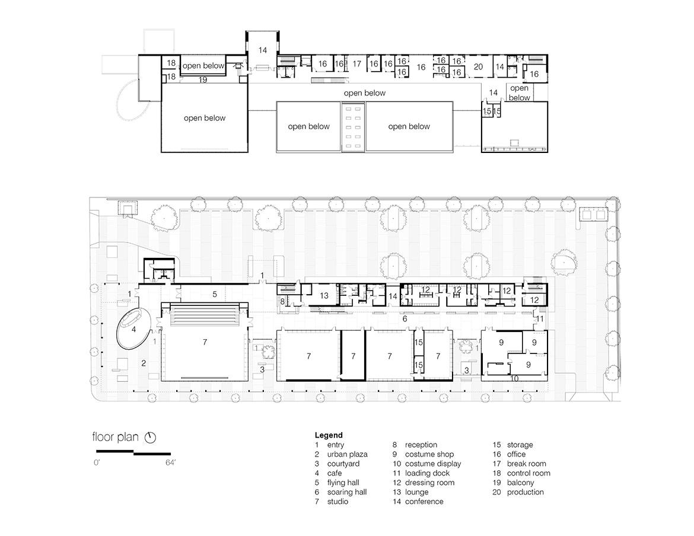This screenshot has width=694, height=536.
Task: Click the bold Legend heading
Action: (x=329, y=435)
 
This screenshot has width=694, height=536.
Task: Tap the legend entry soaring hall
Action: (x=341, y=492)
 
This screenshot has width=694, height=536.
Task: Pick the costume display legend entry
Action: (x=426, y=464)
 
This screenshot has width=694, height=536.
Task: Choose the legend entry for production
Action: (x=518, y=492)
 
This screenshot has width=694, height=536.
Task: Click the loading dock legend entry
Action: (x=421, y=473)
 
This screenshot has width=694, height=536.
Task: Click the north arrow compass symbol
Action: (x=151, y=438)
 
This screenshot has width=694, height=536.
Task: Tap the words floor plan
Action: (x=116, y=437)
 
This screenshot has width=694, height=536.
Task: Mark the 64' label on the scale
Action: (x=170, y=462)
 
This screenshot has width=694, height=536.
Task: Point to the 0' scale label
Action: (x=97, y=462)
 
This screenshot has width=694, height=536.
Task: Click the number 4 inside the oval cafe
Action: (x=133, y=329)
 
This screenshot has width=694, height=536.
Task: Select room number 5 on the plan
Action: (x=215, y=294)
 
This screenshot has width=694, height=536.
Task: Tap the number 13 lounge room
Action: (x=324, y=296)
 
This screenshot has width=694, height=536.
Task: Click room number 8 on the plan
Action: (x=282, y=302)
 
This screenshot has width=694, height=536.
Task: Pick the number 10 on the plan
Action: (x=514, y=378)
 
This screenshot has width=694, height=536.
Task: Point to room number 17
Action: (x=356, y=63)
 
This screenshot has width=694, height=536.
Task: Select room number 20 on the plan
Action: (x=478, y=67)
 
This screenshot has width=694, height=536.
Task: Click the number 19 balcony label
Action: (x=203, y=80)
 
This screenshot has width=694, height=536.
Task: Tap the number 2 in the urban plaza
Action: (x=144, y=363)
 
